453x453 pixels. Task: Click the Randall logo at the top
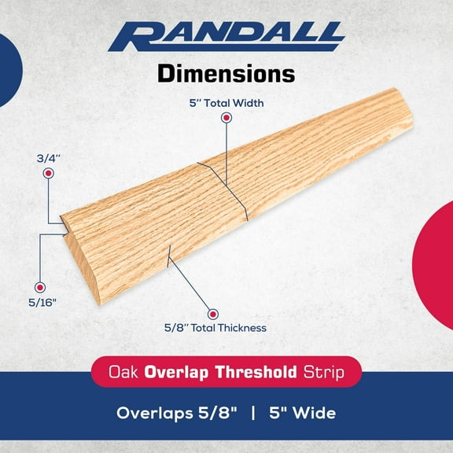tap(226, 35)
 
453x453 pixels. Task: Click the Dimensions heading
tap(226, 74)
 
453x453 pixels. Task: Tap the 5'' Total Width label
tap(226, 102)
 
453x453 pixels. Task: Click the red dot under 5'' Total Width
tap(226, 118)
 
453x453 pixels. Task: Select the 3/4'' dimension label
tap(49, 157)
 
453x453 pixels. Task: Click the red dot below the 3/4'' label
tap(49, 173)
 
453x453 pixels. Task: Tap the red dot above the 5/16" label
tap(40, 288)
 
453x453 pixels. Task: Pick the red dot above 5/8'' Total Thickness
tap(212, 313)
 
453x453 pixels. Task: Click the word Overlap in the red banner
tap(183, 371)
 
